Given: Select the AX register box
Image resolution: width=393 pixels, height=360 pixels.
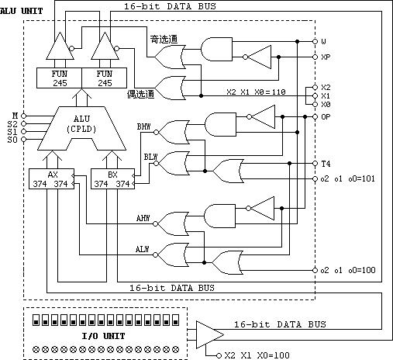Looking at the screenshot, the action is coord(51,179).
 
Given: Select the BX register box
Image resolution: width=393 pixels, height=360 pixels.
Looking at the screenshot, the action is coord(112,179).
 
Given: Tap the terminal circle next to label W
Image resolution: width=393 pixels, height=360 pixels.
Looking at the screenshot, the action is coord(315,41).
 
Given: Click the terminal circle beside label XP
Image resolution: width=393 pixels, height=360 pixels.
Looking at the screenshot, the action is coord(315,57).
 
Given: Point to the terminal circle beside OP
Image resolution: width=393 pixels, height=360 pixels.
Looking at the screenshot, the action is coord(315,117).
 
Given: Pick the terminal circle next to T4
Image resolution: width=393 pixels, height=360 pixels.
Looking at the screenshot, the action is coord(315,164).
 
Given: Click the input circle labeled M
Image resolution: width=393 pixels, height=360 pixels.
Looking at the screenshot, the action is coord(23,116).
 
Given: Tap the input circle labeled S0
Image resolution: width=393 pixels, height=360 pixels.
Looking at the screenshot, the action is coord(23,140).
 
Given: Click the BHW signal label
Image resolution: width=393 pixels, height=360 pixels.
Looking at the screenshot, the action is coord(143,126).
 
